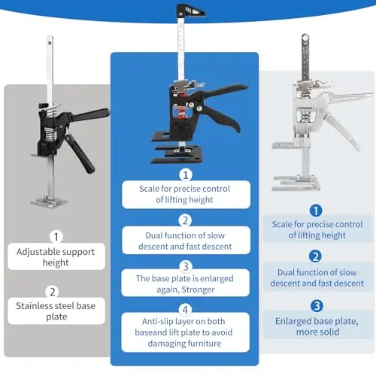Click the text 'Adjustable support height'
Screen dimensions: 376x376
click(56, 257)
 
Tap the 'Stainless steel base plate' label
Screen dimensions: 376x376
click(56, 311)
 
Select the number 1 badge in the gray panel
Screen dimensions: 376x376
click(56, 236)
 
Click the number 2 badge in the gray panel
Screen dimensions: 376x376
click(52, 292)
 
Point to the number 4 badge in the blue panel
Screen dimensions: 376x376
click(185, 310)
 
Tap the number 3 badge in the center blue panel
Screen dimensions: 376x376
click(186, 266)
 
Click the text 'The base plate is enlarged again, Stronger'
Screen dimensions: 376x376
click(185, 284)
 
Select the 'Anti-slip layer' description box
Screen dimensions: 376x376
click(185, 332)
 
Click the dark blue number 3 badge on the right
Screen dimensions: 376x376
click(317, 306)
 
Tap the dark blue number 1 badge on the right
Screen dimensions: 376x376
click(316, 211)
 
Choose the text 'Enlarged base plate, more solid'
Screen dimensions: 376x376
click(317, 326)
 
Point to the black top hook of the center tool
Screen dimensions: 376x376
click(190, 11)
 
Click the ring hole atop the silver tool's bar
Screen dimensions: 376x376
click(305, 38)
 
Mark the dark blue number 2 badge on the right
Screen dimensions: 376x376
click(315, 256)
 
